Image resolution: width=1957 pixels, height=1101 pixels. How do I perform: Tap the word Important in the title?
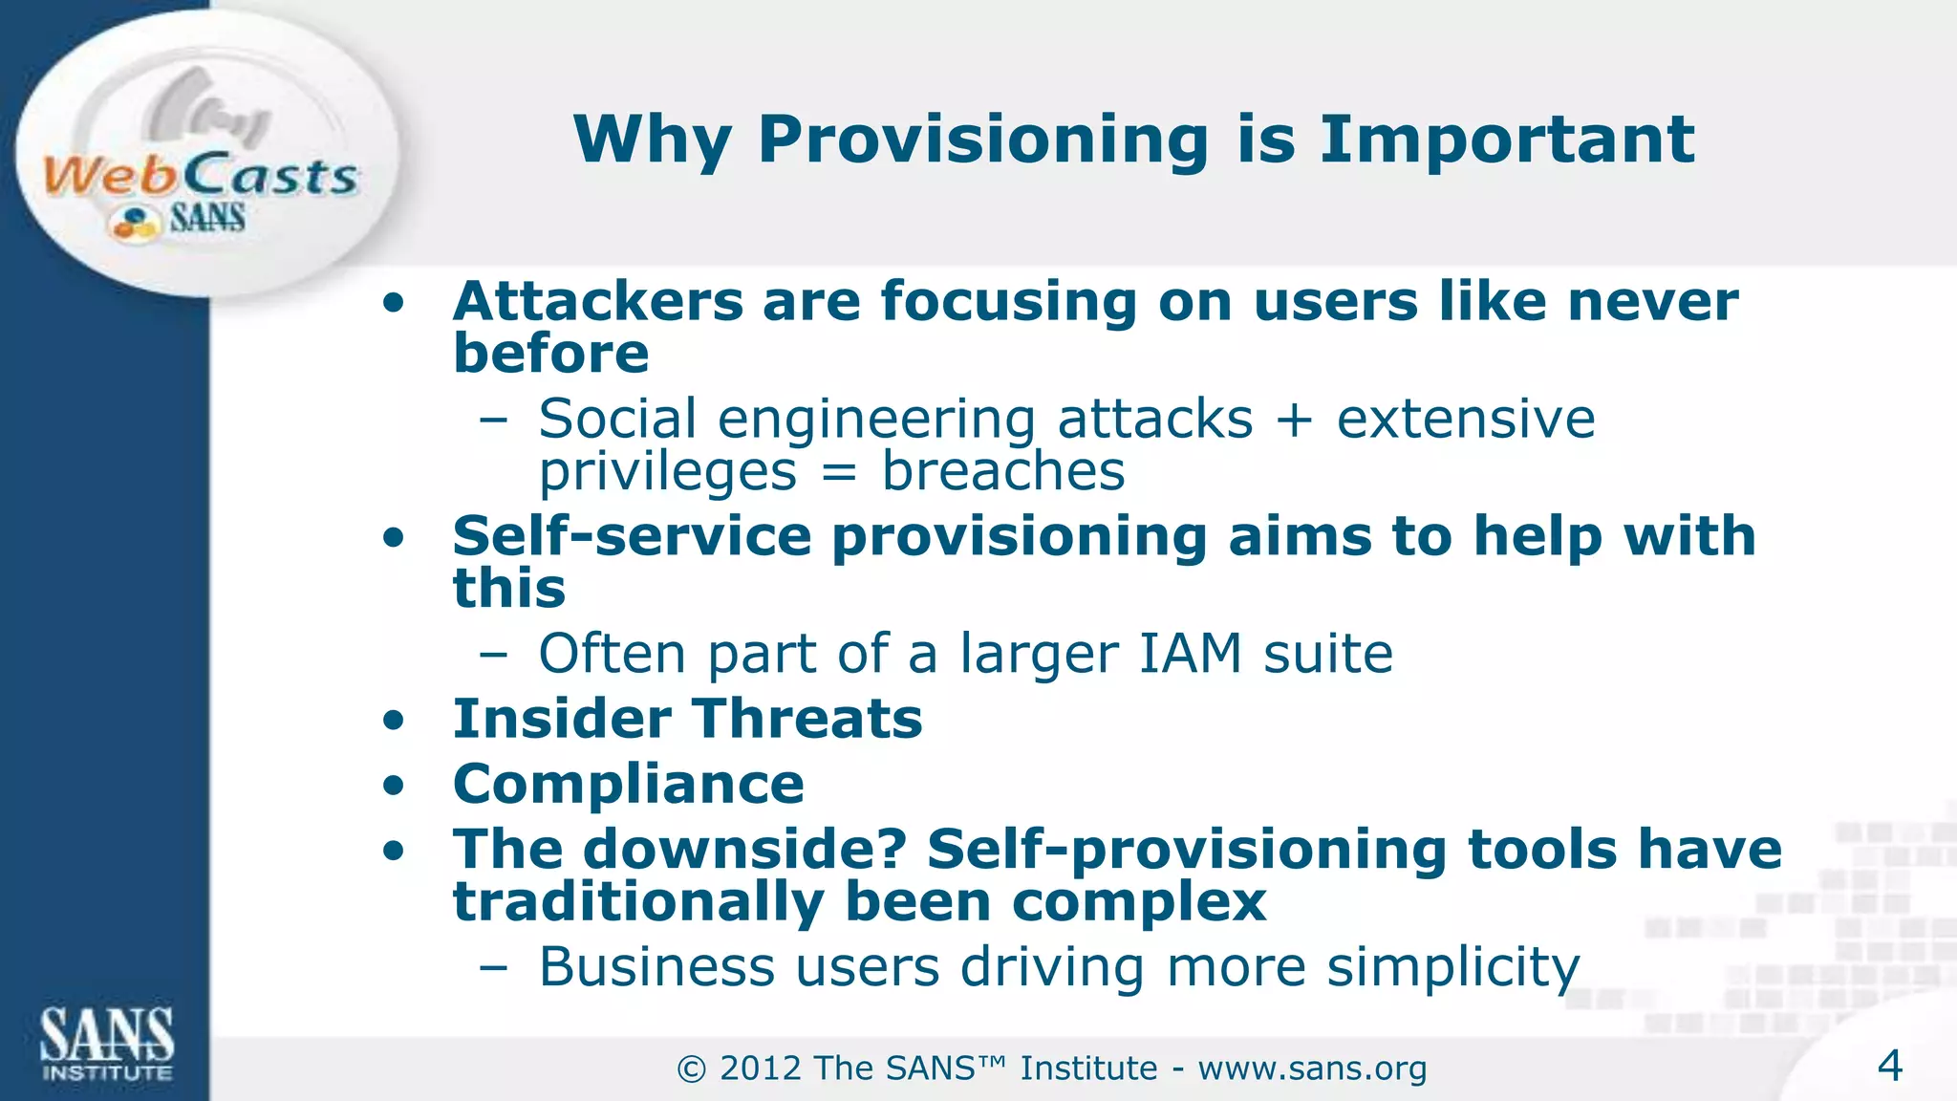click(1507, 140)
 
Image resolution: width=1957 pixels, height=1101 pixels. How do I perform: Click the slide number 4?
click(1889, 1066)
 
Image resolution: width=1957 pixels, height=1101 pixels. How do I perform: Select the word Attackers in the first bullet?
click(597, 302)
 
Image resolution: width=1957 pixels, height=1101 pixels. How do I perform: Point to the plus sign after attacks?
click(1294, 421)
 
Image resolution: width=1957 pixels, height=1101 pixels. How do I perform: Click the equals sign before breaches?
click(838, 472)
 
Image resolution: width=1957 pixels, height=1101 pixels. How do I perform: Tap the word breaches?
click(1002, 471)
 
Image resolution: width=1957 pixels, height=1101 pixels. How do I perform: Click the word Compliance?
click(628, 785)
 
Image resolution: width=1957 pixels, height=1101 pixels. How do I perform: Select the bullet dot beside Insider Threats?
click(394, 721)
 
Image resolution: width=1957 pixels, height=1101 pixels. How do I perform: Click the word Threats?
click(806, 719)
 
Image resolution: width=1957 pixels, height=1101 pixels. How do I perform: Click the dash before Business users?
click(494, 968)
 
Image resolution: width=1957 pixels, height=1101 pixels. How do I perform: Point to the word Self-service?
click(632, 536)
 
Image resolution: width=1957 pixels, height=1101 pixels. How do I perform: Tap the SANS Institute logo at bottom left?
click(106, 1044)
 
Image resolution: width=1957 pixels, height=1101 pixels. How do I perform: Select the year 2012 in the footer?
click(762, 1069)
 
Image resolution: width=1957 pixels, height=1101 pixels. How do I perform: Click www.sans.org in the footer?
click(1312, 1069)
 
